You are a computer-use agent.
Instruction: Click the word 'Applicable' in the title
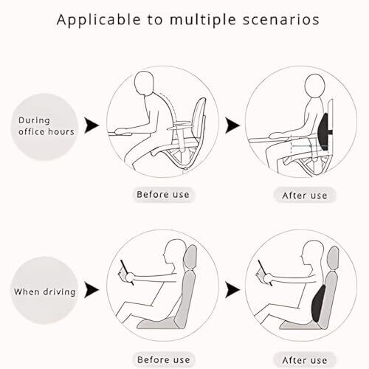pyautogui.click(x=99, y=20)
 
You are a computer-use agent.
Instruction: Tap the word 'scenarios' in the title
pyautogui.click(x=281, y=20)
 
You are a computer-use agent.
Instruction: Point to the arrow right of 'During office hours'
pyautogui.click(x=92, y=125)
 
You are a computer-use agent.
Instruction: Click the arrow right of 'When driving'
pyautogui.click(x=92, y=290)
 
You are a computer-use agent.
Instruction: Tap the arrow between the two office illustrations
pyautogui.click(x=232, y=125)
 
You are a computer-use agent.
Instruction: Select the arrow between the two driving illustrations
pyautogui.click(x=232, y=290)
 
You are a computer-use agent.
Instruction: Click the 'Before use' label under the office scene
pyautogui.click(x=163, y=195)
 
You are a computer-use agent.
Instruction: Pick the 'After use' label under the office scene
pyautogui.click(x=305, y=196)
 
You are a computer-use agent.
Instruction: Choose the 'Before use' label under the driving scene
pyautogui.click(x=164, y=360)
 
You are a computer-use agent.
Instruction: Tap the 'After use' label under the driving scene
pyautogui.click(x=305, y=360)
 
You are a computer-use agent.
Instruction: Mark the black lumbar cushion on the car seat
pyautogui.click(x=318, y=304)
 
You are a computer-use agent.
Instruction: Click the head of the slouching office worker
pyautogui.click(x=145, y=83)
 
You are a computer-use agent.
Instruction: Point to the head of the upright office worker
pyautogui.click(x=314, y=86)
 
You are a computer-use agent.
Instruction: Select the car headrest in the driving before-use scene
pyautogui.click(x=190, y=258)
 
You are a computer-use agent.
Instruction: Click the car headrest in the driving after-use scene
pyautogui.click(x=333, y=258)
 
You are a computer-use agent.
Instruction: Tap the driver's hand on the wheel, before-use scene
pyautogui.click(x=130, y=277)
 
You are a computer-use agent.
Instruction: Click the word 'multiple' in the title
pyautogui.click(x=203, y=20)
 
